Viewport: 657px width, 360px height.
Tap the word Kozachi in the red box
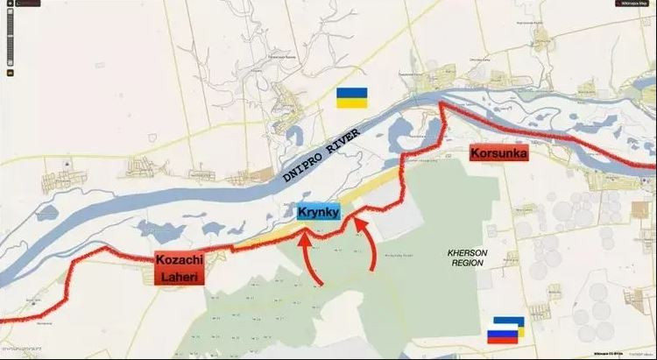coord(180,260)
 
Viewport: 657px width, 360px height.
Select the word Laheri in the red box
coord(181,277)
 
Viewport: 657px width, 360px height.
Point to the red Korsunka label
coord(498,152)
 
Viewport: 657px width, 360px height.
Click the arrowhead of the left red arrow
coord(303,231)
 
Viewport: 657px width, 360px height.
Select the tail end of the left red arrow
coord(323,284)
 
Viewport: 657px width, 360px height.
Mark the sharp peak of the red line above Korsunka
coord(441,105)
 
